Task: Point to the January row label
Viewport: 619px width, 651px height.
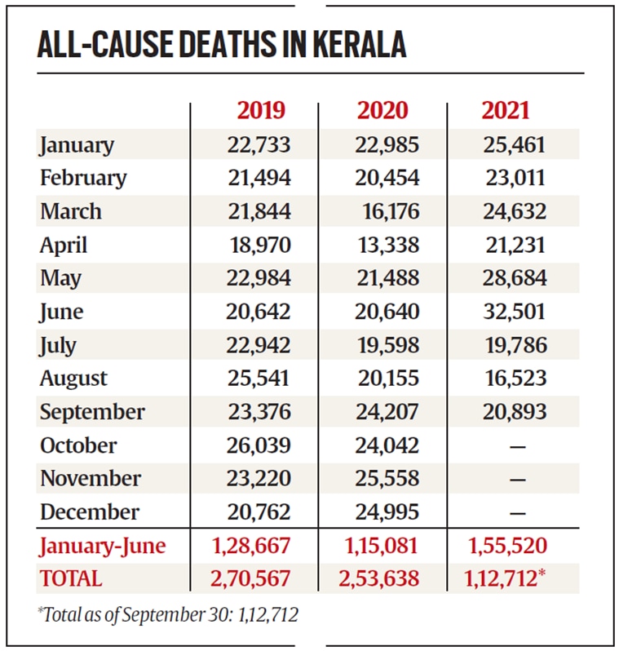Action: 77,145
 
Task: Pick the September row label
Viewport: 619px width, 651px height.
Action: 92,412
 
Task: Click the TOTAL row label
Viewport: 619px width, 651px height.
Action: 72,578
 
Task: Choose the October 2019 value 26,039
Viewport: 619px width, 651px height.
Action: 259,445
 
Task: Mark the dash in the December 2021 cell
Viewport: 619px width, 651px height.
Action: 517,513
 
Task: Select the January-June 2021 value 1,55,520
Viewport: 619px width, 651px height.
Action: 506,546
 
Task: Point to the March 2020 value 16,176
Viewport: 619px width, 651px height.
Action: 391,211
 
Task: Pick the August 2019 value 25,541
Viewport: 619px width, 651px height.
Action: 259,379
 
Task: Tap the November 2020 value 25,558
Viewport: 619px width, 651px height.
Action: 387,479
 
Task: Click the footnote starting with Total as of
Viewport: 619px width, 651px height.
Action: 167,614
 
